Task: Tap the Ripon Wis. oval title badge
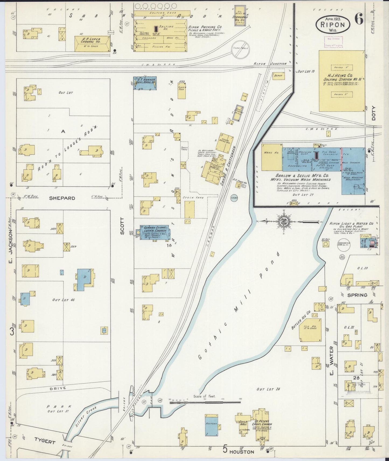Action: point(333,24)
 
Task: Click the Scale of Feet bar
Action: point(205,402)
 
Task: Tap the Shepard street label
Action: point(62,198)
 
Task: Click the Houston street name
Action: point(241,452)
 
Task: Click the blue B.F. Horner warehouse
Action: point(145,83)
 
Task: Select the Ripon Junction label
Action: point(270,64)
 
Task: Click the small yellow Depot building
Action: point(278,76)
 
